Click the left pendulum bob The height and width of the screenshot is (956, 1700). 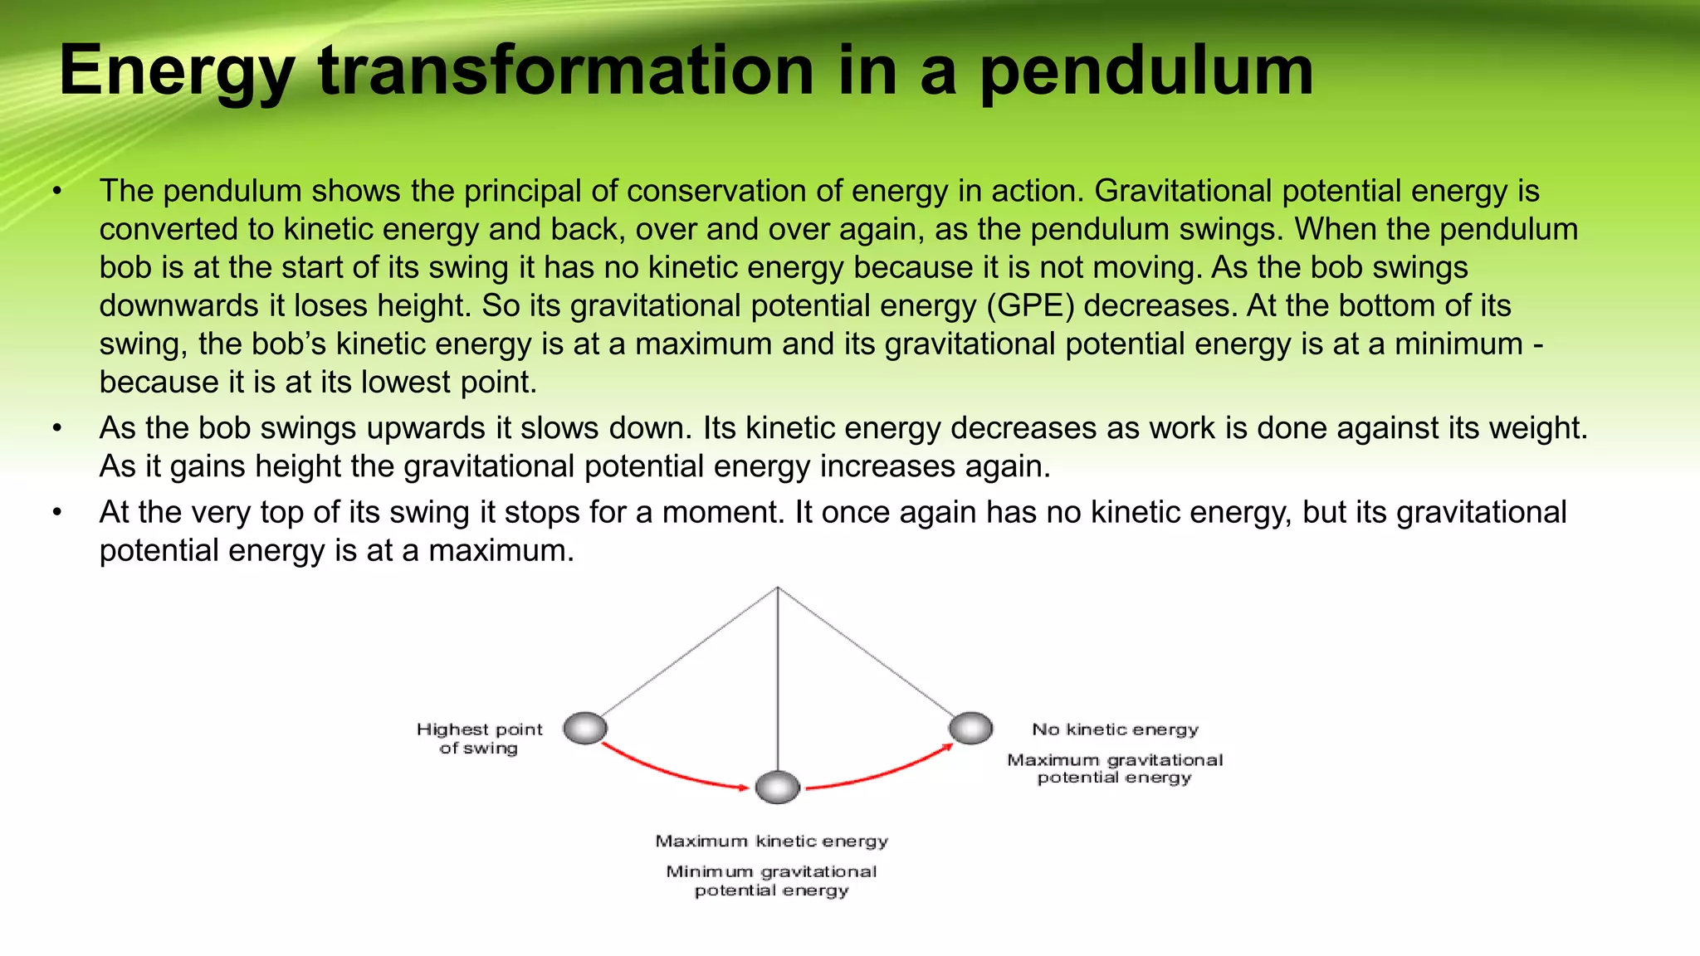585,729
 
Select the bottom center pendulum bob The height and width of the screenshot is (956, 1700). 778,787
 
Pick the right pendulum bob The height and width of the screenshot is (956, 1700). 970,728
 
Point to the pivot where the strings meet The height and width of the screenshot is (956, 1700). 778,588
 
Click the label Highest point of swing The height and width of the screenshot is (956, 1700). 479,738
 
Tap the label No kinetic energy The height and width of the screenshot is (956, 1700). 1115,729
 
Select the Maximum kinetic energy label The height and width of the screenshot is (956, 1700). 771,841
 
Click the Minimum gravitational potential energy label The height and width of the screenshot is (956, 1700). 771,880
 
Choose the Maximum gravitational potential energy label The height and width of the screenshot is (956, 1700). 1115,768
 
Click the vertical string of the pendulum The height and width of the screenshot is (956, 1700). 778,680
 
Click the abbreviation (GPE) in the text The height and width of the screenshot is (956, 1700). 1030,305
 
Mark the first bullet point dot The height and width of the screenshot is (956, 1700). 57,192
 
